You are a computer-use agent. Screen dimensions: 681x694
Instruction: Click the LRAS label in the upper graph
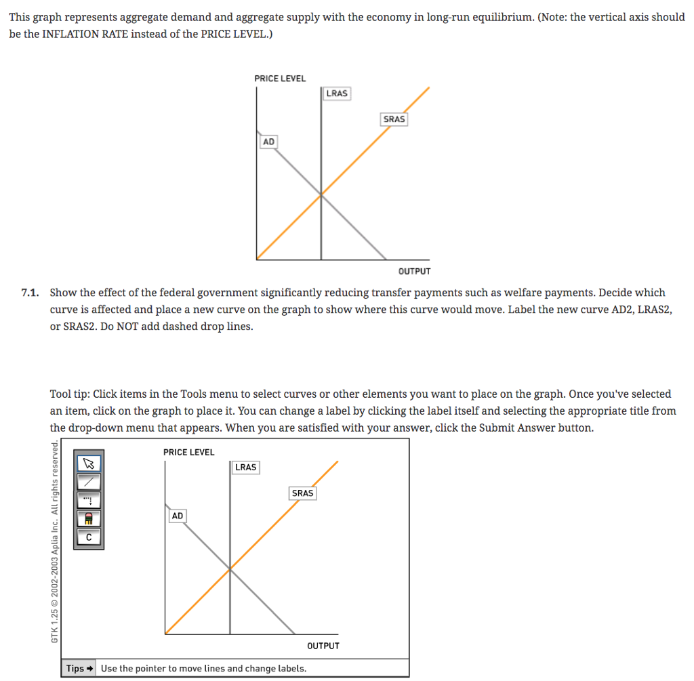click(x=337, y=94)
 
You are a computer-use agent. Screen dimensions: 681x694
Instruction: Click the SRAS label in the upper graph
click(x=394, y=119)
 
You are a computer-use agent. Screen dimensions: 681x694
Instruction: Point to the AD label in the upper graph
click(x=269, y=142)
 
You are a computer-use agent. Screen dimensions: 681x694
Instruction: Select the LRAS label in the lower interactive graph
click(x=245, y=467)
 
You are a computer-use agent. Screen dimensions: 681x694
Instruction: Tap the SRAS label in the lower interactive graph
click(x=302, y=493)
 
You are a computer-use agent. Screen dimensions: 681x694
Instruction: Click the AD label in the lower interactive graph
click(x=178, y=516)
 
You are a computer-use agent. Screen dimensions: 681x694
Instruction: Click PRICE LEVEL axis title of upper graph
click(x=280, y=79)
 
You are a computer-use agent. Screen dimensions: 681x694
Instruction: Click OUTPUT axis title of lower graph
click(x=323, y=646)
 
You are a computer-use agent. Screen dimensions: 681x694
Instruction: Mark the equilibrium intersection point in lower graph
click(x=230, y=569)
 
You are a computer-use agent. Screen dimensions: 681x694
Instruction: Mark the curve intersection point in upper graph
click(x=321, y=194)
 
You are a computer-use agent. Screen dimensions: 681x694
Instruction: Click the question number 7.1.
click(x=30, y=293)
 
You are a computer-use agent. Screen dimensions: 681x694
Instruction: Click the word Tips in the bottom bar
click(x=75, y=668)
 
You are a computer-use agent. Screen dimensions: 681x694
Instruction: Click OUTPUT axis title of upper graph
click(x=414, y=271)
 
